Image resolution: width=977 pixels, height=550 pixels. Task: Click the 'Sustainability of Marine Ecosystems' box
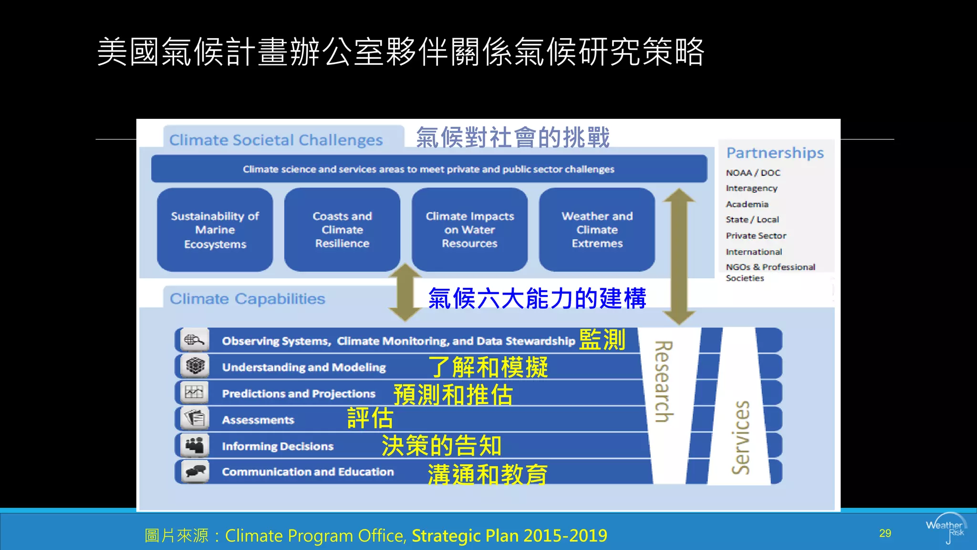[215, 230]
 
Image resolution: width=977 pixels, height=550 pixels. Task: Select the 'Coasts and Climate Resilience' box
[342, 230]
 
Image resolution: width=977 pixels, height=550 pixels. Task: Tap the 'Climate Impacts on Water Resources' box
[469, 230]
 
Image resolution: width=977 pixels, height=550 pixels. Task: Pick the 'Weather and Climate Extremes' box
[597, 230]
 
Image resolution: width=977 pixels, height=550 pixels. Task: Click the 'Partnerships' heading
[775, 153]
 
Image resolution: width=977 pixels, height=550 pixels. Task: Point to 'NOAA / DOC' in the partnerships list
[753, 173]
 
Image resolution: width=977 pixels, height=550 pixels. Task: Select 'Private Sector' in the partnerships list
[756, 236]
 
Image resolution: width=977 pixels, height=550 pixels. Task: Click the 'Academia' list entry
[747, 204]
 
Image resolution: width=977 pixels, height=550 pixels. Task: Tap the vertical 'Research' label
[664, 381]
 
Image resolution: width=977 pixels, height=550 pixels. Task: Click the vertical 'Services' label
[740, 437]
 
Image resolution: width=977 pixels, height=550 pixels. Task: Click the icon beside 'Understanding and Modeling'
[195, 367]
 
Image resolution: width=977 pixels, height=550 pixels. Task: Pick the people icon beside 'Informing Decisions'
[195, 445]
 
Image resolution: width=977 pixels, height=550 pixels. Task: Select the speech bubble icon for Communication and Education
[195, 472]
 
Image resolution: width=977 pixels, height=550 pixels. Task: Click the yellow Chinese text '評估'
[370, 418]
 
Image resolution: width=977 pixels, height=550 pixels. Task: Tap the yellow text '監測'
[602, 340]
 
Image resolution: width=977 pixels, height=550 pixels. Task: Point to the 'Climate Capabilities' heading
[247, 299]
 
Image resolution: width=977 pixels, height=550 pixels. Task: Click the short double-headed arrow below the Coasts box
[405, 292]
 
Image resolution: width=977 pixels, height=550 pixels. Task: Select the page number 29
[885, 533]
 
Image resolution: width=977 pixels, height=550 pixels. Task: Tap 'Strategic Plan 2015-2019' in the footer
[509, 536]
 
